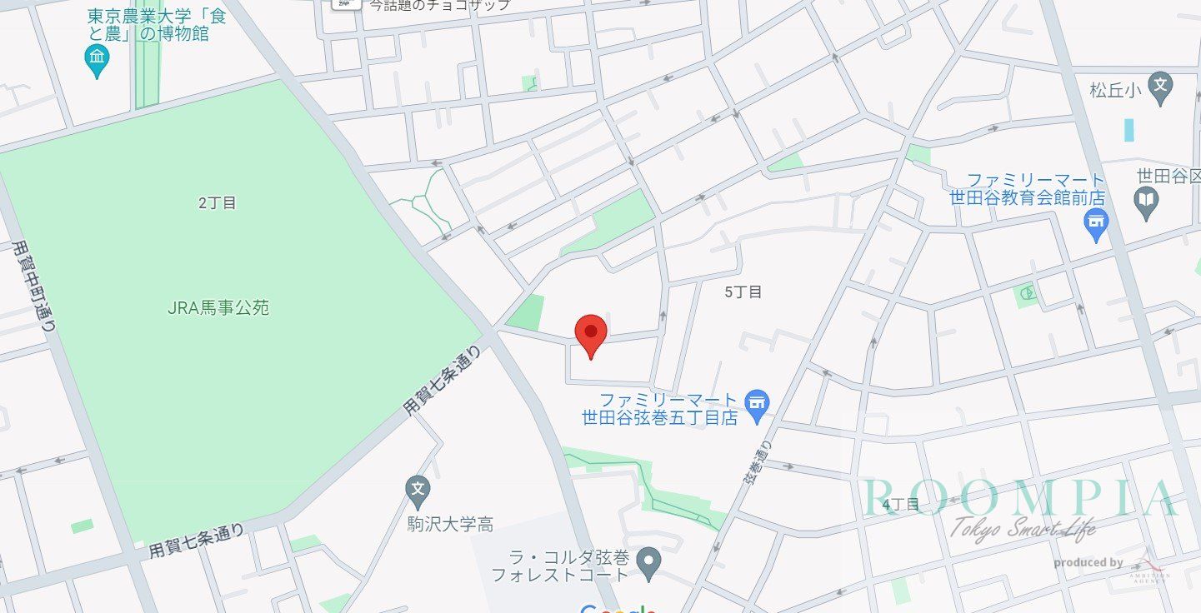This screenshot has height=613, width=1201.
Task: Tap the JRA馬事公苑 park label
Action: coord(218,308)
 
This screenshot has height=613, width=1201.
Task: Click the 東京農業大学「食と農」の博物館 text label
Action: coord(157,25)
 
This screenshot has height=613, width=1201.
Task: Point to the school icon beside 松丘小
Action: coord(1161,86)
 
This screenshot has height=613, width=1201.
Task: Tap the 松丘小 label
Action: coord(1114,89)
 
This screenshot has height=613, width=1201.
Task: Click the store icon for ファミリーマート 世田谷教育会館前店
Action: coord(1095,222)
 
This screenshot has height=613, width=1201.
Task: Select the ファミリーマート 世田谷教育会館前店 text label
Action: coord(1028,190)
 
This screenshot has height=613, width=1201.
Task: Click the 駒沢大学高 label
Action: coord(450,525)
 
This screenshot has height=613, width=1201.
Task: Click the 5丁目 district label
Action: coord(743,292)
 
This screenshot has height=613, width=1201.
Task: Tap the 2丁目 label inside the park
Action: coord(218,202)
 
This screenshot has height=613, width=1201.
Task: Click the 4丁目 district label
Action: coord(900,505)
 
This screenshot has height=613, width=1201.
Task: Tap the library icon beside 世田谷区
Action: coord(1147,202)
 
